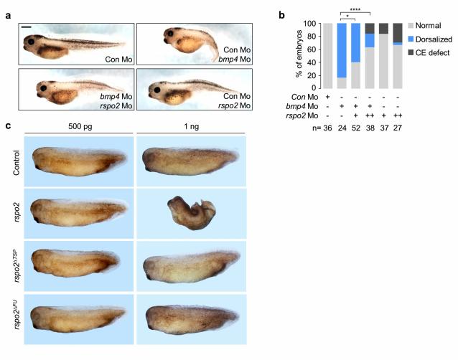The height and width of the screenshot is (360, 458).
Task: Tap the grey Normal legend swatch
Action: [x=397, y=25]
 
